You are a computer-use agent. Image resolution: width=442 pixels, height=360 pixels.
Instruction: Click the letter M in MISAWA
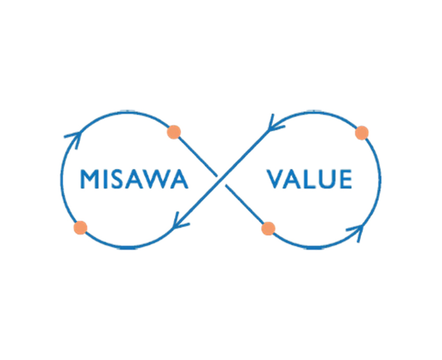click(x=89, y=179)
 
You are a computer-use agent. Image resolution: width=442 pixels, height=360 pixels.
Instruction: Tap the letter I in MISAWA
click(x=105, y=179)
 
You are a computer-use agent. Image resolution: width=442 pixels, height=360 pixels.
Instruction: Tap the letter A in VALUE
click(x=292, y=179)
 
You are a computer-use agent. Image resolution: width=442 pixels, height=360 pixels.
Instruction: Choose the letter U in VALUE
click(x=327, y=179)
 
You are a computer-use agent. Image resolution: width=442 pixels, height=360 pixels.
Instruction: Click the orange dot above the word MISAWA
click(x=174, y=132)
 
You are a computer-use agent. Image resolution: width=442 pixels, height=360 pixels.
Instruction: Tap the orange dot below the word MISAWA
click(x=80, y=227)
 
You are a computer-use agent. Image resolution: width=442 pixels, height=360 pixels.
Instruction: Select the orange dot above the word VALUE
click(x=362, y=133)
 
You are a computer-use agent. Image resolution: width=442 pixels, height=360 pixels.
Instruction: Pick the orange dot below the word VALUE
click(x=268, y=228)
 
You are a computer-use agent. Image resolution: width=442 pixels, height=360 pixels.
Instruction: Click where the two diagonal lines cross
click(x=222, y=181)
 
